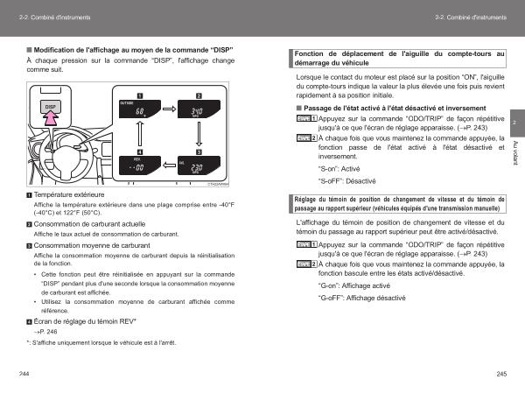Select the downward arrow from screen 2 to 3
coord(199,140)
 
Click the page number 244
coord(24,374)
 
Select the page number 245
coord(500,374)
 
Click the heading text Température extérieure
coord(70,193)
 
